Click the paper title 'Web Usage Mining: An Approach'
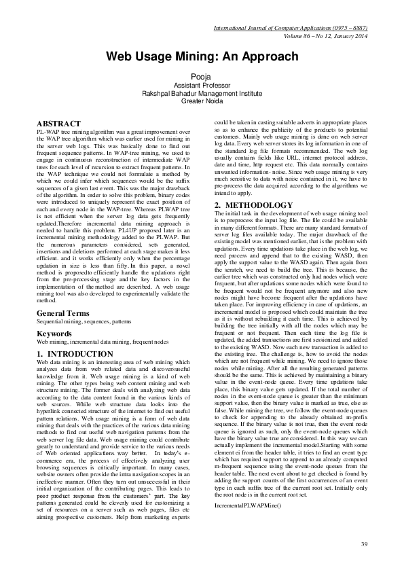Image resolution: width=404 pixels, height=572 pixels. coord(202,56)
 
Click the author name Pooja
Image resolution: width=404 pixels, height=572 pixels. coord(202,77)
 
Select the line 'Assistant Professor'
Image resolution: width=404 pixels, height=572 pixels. coord(202,86)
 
